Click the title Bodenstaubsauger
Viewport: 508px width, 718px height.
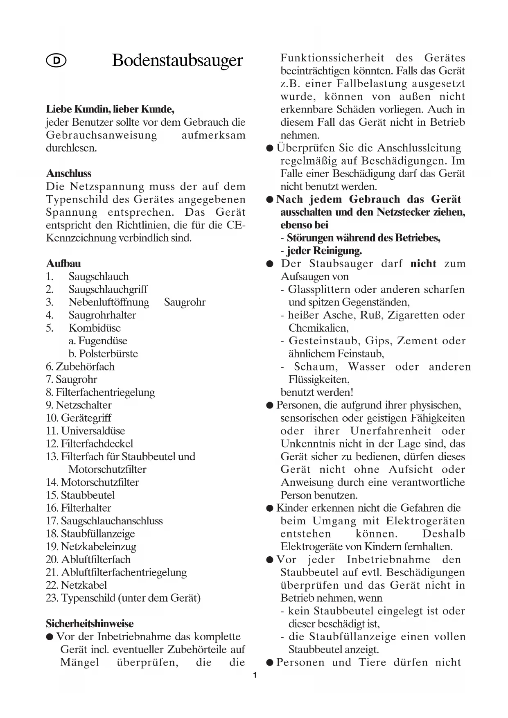pos(177,61)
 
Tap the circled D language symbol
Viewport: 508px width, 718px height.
pos(56,61)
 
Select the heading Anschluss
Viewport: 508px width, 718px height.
pos(68,174)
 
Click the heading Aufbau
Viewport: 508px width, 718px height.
pos(63,264)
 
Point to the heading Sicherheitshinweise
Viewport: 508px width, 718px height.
pos(90,624)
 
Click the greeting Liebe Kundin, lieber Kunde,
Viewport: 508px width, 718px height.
pos(110,109)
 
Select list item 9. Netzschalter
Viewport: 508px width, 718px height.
pos(79,405)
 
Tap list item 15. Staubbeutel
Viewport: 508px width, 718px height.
pos(80,495)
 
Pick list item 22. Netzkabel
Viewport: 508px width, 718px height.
pos(76,585)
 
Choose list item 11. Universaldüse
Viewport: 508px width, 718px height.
pos(85,431)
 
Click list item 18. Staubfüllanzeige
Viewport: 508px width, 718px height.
pos(90,534)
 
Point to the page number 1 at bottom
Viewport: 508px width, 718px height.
pos(255,675)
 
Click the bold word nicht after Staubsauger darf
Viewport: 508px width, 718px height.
pos(423,264)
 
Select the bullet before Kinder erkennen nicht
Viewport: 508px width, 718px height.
pos(269,508)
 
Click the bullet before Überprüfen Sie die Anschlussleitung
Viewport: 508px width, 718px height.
pos(269,148)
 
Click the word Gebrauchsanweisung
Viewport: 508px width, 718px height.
pos(101,135)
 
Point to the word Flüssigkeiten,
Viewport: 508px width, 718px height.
pos(319,379)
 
